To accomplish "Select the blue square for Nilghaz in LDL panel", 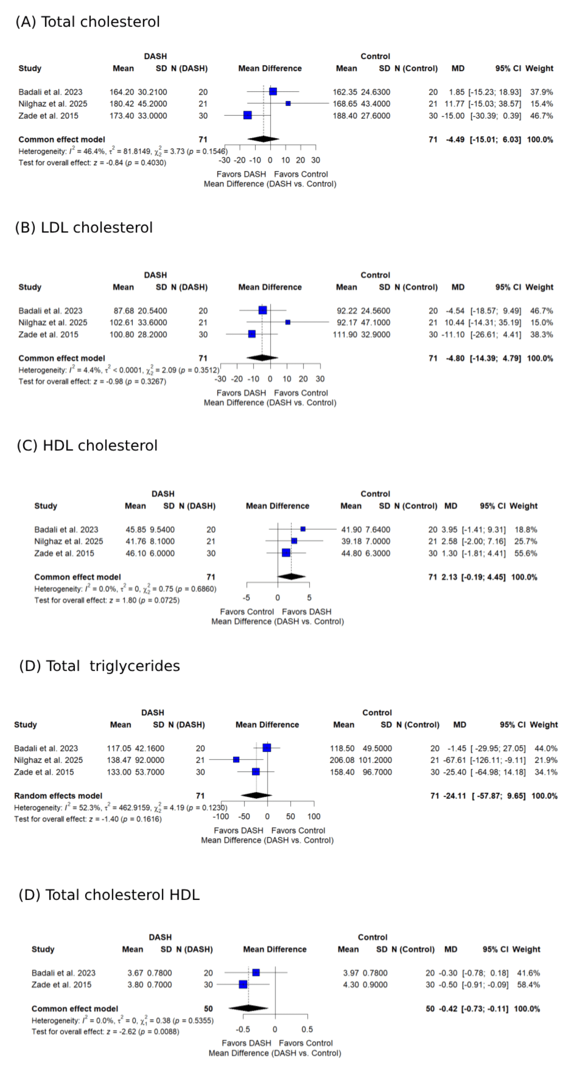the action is [288, 322].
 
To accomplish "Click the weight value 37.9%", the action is [541, 92].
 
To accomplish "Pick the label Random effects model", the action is [58, 796].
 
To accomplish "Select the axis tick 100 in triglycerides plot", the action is [314, 816].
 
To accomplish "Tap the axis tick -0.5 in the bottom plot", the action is [243, 1029].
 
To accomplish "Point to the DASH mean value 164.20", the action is [122, 92].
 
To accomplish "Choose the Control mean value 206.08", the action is [342, 760].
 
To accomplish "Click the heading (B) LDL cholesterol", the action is [84, 228].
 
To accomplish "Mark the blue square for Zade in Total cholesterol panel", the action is [248, 115].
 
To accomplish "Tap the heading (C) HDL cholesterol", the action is [87, 445].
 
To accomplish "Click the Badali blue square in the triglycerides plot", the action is [267, 748].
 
